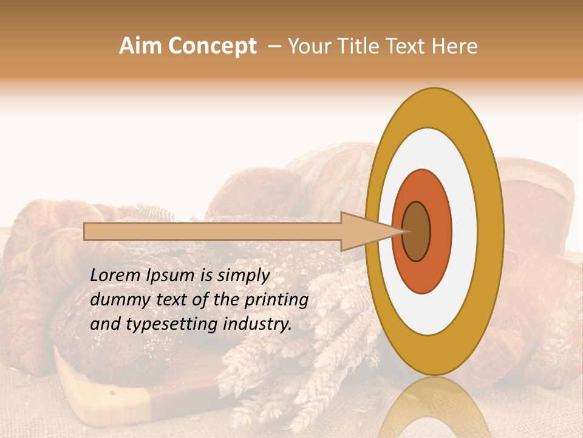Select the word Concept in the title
(212, 46)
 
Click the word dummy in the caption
(116, 299)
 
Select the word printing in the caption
(276, 299)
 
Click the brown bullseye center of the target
(417, 232)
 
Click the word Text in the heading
(407, 46)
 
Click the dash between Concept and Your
(274, 46)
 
